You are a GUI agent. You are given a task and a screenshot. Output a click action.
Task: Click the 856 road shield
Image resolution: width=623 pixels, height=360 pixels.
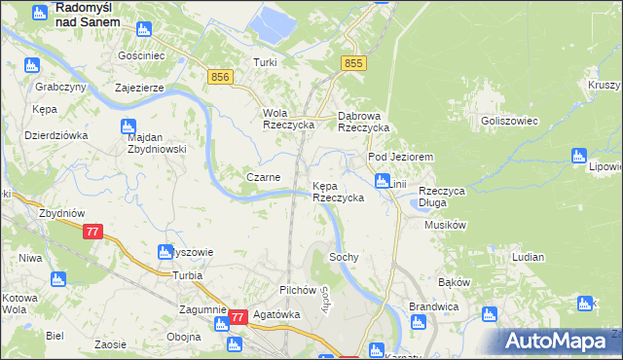pos(219,77)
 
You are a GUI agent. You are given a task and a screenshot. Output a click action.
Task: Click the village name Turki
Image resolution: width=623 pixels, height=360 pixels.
pos(265,62)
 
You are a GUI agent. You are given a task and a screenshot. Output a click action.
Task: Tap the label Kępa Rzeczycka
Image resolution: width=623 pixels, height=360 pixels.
pos(337,192)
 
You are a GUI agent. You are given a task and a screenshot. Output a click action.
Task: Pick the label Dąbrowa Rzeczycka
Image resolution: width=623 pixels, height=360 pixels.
pos(363,121)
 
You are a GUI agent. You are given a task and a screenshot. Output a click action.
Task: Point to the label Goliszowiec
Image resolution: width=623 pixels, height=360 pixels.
pos(503,121)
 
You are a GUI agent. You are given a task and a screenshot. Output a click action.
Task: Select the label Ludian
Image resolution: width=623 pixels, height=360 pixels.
pos(527,257)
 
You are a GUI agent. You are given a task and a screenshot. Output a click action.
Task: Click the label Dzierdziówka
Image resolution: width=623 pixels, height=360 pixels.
pos(56,135)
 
